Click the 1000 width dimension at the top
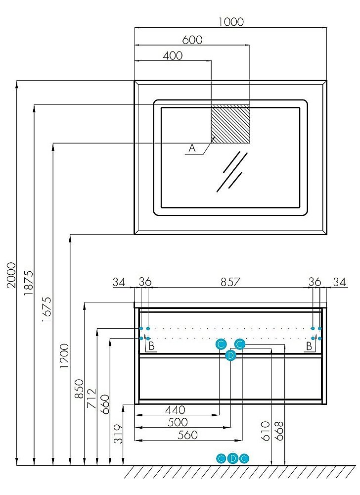click(231, 22)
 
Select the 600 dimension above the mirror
click(192, 40)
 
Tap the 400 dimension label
click(173, 55)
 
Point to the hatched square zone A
click(230, 124)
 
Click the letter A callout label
click(192, 148)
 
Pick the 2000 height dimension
click(11, 275)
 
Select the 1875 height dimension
click(28, 283)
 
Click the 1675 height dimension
click(46, 309)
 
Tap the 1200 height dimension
click(64, 356)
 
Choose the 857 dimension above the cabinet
click(230, 282)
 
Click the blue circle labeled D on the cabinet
click(231, 355)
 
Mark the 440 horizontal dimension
click(175, 410)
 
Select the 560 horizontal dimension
click(188, 435)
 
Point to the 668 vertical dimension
click(279, 431)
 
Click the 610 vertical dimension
click(266, 431)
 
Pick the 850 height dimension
click(79, 389)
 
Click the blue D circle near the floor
click(232, 458)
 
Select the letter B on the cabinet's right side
click(309, 346)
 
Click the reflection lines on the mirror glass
click(232, 172)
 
